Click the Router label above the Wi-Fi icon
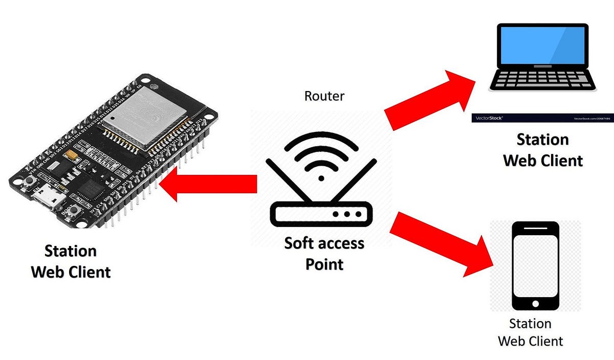coord(324,96)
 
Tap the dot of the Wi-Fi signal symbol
coord(321,178)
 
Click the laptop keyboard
coord(542,79)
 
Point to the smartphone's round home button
coord(535,303)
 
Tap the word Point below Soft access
coord(324,264)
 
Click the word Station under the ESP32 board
coord(71,251)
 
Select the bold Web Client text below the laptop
coord(543,161)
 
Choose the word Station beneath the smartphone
coord(530,324)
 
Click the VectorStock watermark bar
coord(542,118)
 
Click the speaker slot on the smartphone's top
coord(535,229)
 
